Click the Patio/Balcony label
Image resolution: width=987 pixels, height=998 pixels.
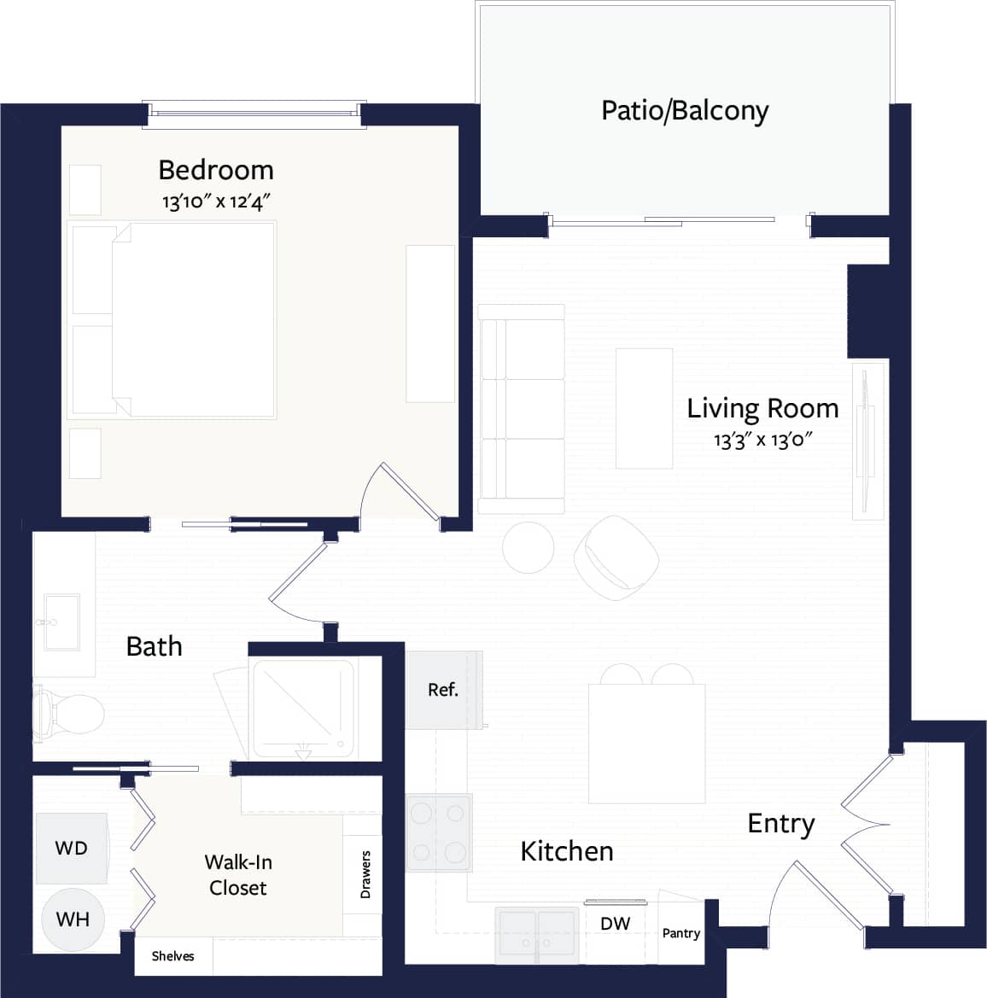(685, 111)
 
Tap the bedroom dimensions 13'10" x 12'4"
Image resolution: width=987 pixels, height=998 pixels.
(217, 202)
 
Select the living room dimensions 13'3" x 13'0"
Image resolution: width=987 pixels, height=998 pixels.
(762, 441)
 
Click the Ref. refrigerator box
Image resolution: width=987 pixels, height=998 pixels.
(443, 690)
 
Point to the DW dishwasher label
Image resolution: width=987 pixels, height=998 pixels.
(615, 923)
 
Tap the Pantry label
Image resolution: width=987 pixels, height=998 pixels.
(681, 933)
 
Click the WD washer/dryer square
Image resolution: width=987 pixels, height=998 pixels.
(72, 848)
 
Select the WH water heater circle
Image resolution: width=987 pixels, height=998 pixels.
(73, 919)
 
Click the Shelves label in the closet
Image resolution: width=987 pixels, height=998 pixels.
(172, 956)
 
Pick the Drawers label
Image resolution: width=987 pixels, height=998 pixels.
(365, 874)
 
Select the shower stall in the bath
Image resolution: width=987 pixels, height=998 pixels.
(303, 708)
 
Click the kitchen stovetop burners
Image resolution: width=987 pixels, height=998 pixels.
(439, 832)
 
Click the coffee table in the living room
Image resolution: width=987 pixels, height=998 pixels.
(644, 408)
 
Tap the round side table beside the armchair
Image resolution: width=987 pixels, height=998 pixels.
(529, 547)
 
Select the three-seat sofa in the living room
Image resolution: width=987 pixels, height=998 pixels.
(521, 409)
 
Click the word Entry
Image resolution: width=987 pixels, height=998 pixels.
(780, 823)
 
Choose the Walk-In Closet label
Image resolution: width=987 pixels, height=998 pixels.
(238, 875)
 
